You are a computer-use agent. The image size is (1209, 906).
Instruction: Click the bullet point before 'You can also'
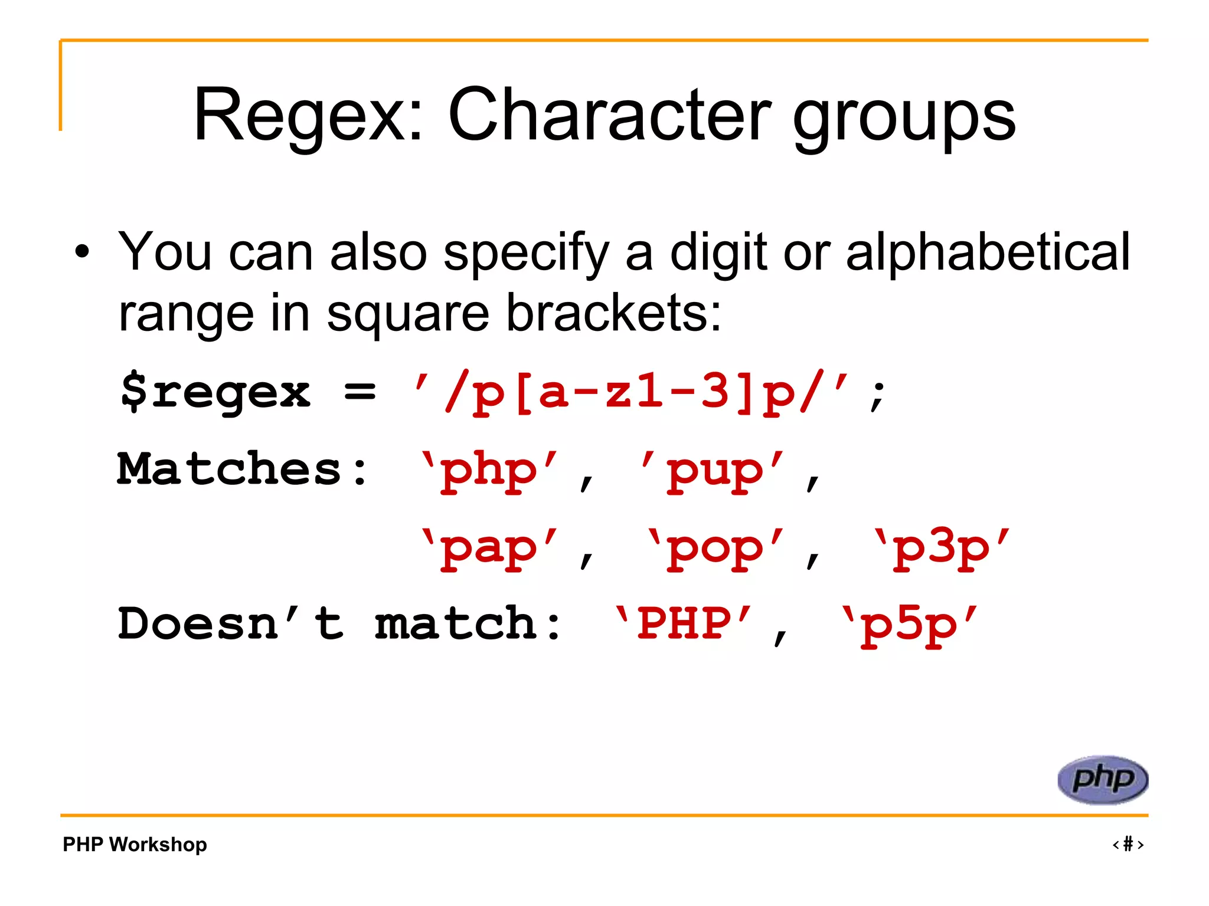[x=82, y=252]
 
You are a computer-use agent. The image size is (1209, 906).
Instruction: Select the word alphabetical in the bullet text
[x=987, y=252]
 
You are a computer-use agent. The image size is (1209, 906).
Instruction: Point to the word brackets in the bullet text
[x=613, y=313]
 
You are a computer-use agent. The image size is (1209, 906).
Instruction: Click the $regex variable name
[x=215, y=391]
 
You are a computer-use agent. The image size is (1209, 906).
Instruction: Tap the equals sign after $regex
[x=360, y=391]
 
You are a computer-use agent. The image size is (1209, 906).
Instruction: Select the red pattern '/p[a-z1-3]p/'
[x=631, y=391]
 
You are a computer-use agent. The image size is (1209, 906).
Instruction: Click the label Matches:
[x=243, y=470]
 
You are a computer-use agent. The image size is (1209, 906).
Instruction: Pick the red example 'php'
[x=489, y=471]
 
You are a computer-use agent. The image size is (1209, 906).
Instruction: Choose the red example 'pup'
[x=714, y=471]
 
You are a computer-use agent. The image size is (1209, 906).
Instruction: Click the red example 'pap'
[x=489, y=549]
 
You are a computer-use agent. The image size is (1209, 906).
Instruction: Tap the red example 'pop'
[x=715, y=549]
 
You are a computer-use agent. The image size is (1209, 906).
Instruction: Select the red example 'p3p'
[x=942, y=549]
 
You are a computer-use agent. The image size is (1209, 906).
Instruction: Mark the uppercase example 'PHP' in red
[x=684, y=624]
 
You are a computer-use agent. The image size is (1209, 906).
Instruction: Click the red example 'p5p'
[x=909, y=625]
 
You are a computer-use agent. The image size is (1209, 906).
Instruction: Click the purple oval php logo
[x=1103, y=780]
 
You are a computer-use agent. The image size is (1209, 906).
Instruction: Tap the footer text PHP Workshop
[x=135, y=844]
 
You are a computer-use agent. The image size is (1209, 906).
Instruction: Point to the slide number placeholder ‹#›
[x=1128, y=844]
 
